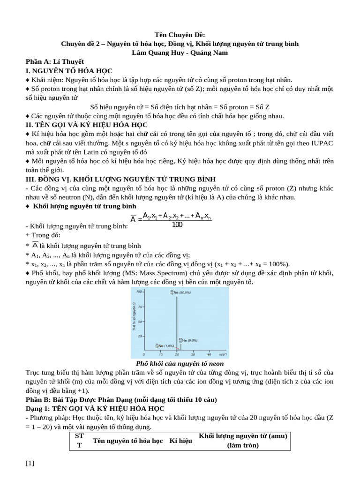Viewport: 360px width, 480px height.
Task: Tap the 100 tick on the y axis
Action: [139, 292]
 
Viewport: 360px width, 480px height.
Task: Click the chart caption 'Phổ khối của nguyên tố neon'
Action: [180, 364]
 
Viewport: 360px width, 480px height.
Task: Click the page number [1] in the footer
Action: [30, 464]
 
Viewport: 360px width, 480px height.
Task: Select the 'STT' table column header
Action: [79, 441]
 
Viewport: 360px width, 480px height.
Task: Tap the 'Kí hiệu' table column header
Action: [181, 441]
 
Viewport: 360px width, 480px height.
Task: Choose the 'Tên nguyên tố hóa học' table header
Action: [128, 441]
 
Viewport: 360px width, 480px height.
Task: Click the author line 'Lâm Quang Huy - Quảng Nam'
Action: [180, 52]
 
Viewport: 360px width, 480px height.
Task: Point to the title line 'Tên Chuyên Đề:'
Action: [180, 35]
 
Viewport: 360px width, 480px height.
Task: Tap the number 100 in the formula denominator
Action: [177, 225]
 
